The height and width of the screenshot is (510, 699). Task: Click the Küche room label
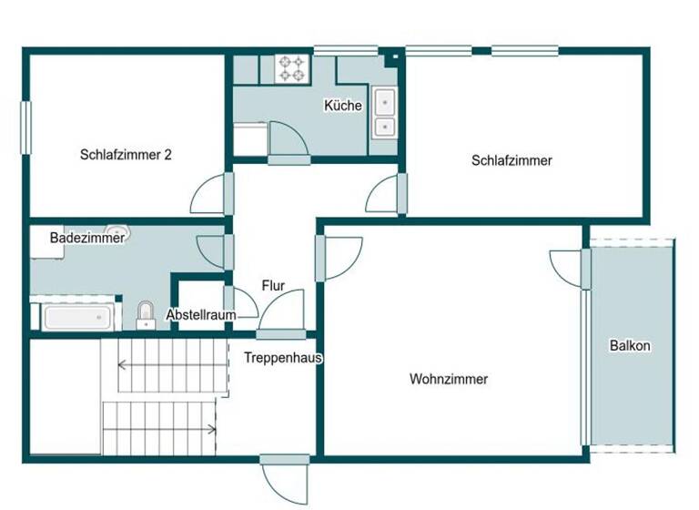click(342, 106)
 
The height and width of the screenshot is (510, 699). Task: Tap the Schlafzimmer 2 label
click(126, 155)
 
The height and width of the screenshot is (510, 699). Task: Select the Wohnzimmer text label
click(448, 379)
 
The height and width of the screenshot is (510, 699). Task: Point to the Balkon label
click(630, 346)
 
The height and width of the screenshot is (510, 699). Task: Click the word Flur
click(273, 285)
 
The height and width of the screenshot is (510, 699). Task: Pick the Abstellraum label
click(201, 315)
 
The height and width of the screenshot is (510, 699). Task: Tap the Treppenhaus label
click(283, 358)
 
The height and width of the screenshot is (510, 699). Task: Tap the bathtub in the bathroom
click(76, 317)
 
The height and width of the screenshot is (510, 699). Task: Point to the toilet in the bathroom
click(146, 315)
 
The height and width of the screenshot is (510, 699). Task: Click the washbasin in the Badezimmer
click(120, 233)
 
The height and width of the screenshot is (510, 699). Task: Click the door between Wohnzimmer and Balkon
click(568, 268)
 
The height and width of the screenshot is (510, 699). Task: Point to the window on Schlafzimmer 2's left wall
click(26, 127)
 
